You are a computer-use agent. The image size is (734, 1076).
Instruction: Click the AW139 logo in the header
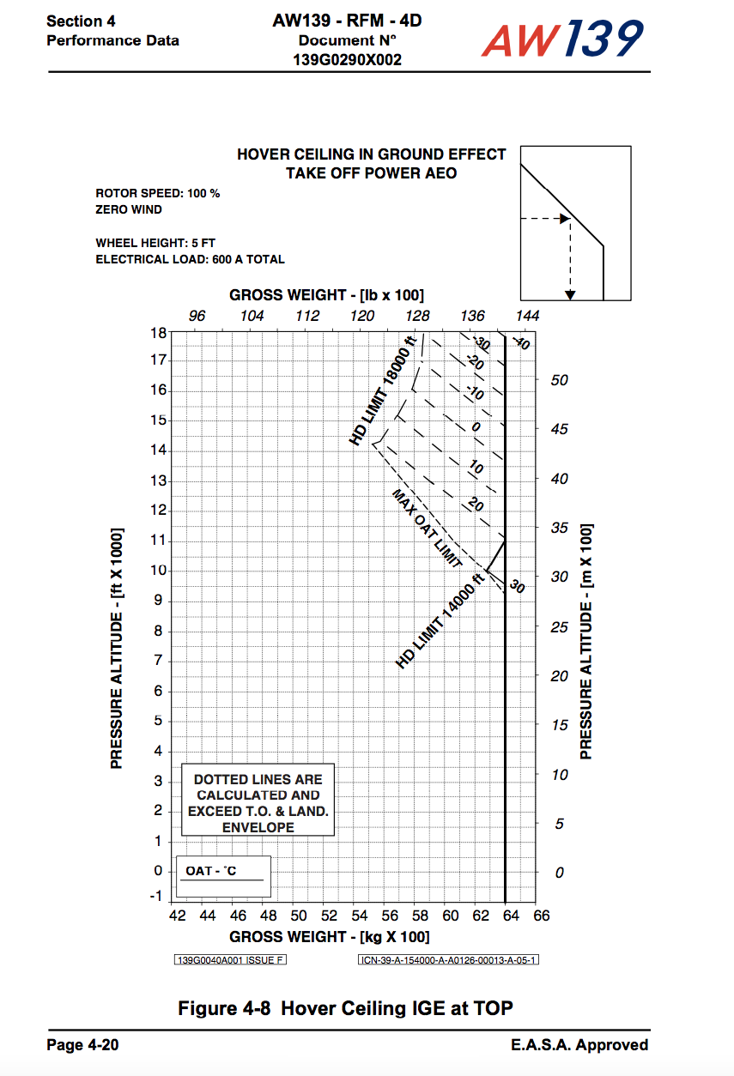(561, 39)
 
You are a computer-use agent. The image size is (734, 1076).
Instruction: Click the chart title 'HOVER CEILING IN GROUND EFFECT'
(371, 154)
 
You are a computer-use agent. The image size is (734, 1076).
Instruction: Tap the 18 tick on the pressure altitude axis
(157, 331)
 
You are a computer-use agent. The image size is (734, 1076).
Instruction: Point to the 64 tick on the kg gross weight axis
(511, 916)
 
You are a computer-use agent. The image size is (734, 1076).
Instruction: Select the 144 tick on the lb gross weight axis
(527, 316)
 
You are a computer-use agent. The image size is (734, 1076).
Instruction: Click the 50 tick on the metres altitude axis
(559, 380)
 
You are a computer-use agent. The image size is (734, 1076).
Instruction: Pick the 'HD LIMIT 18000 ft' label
(383, 391)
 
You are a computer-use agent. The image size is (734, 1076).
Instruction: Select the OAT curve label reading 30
(516, 587)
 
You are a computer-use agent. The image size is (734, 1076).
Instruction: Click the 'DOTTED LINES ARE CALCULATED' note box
(258, 803)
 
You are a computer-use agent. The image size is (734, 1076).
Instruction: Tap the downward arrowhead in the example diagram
(570, 295)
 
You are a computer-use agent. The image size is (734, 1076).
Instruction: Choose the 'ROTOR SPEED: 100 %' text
(158, 193)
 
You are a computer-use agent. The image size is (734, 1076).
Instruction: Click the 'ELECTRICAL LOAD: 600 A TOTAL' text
(191, 259)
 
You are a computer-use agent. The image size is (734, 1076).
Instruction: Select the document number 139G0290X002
(347, 60)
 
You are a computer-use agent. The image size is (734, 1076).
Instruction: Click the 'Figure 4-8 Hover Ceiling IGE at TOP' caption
(345, 1007)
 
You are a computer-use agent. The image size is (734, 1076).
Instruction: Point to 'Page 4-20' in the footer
(82, 1044)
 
